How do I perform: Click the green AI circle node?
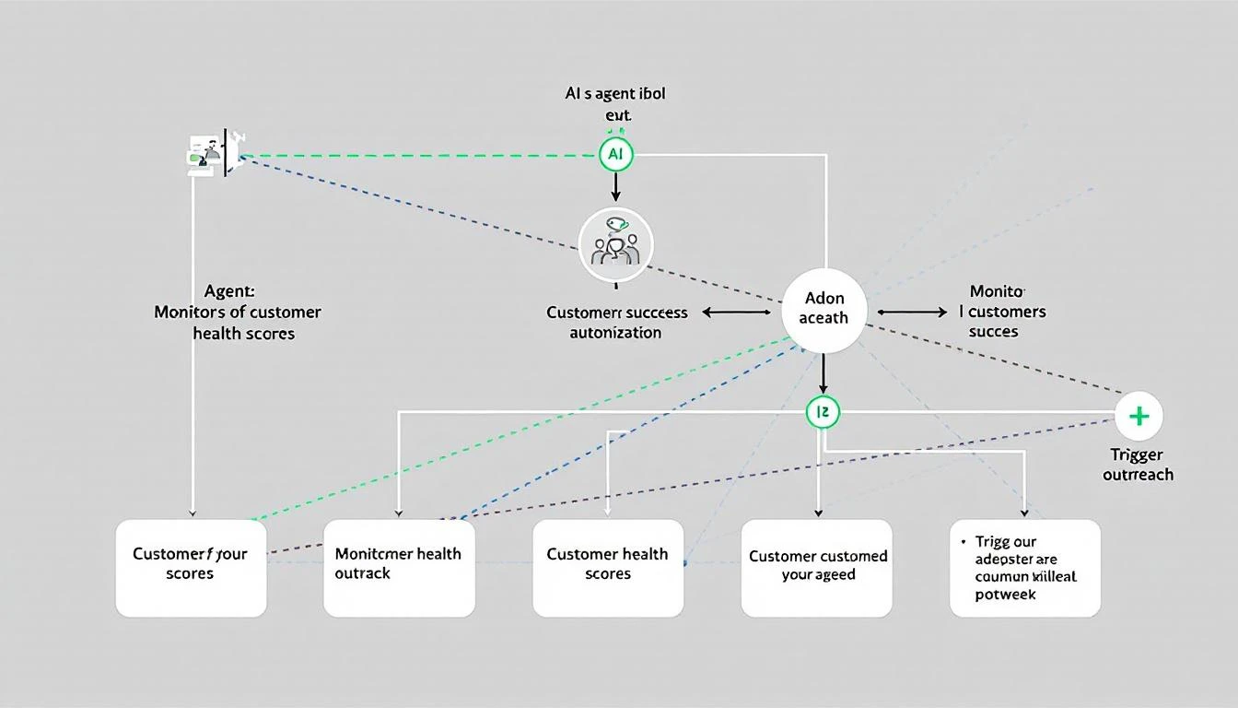pos(615,155)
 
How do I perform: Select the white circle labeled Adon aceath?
pos(823,309)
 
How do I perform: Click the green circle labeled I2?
pos(823,412)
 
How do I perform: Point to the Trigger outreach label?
pos(1138,465)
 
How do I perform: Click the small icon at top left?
pos(210,152)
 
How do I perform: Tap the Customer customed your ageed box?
pos(817,567)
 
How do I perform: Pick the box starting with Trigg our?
pos(1025,567)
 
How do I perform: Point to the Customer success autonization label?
pos(616,323)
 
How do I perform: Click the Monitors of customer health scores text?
pos(238,313)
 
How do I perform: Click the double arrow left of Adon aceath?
pos(736,313)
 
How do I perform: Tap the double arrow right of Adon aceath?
pos(912,313)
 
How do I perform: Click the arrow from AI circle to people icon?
pos(615,187)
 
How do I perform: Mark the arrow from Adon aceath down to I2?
pos(823,374)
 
